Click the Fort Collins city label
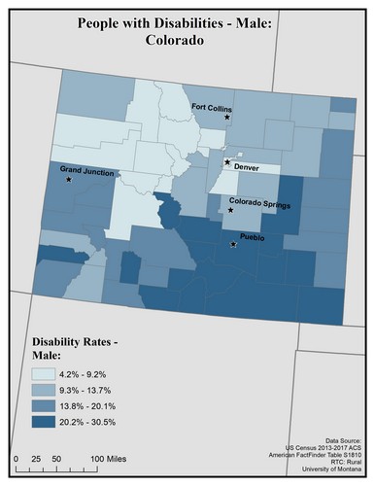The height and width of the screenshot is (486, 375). tap(212, 107)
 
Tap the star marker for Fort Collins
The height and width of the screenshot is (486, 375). tap(227, 118)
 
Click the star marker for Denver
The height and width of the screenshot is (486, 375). tap(227, 162)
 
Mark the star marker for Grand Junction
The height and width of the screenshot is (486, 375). tap(69, 180)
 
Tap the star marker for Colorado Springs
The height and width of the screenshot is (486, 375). tap(231, 210)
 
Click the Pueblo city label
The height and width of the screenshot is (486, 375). tap(252, 236)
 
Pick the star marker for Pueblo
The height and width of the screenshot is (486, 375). tap(232, 244)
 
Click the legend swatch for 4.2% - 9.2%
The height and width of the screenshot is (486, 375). tap(48, 374)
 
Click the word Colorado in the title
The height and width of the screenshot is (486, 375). tap(187, 43)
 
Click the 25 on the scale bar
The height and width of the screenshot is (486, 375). tap(36, 457)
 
